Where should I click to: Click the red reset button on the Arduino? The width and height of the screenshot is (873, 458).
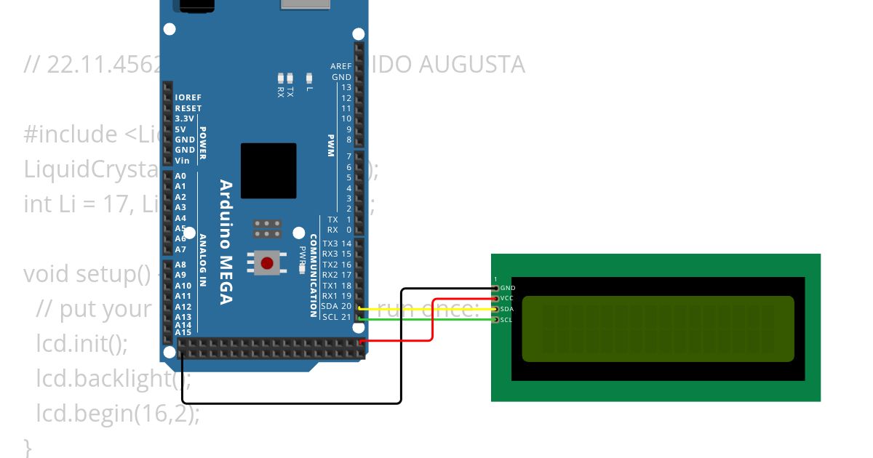(267, 262)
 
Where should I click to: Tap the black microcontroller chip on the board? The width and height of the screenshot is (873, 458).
(268, 171)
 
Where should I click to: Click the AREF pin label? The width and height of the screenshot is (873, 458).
(340, 66)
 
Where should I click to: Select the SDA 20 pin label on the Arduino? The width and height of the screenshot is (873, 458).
(336, 306)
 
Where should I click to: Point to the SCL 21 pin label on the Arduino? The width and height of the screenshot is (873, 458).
(336, 317)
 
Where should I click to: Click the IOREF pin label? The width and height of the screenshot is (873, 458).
(188, 97)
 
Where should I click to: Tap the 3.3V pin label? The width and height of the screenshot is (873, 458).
(185, 118)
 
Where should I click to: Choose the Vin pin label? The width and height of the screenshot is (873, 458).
(182, 161)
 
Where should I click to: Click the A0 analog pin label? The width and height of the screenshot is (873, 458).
(180, 177)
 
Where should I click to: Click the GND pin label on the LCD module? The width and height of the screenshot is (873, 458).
(508, 288)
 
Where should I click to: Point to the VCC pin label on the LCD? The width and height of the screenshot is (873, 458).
(508, 298)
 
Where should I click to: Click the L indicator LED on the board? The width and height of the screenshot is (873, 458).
(309, 78)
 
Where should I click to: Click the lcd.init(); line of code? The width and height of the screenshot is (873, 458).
(81, 343)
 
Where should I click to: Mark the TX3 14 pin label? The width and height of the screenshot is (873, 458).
(337, 244)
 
